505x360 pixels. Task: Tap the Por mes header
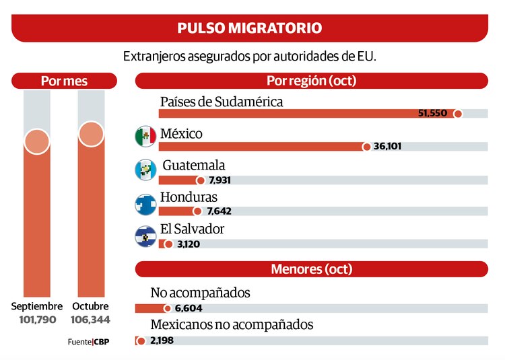(x=64, y=81)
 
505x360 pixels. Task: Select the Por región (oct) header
(x=311, y=81)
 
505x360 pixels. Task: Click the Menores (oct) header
(x=311, y=269)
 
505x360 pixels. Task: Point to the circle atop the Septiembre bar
(x=37, y=141)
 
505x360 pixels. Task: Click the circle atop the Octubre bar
(x=91, y=133)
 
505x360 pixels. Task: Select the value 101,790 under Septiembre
(x=38, y=319)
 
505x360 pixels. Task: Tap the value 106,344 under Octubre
(x=91, y=319)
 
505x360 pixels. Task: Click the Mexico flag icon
(x=145, y=137)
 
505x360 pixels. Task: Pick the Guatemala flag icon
(x=145, y=170)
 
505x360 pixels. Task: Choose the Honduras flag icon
(x=145, y=202)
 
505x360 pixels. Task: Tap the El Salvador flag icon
(x=145, y=234)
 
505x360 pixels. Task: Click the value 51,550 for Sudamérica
(x=432, y=113)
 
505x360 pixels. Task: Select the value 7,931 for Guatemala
(x=222, y=180)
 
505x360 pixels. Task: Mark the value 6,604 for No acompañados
(x=188, y=308)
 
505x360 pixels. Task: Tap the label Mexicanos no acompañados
(x=232, y=324)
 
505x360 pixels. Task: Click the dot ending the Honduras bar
(x=197, y=211)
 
